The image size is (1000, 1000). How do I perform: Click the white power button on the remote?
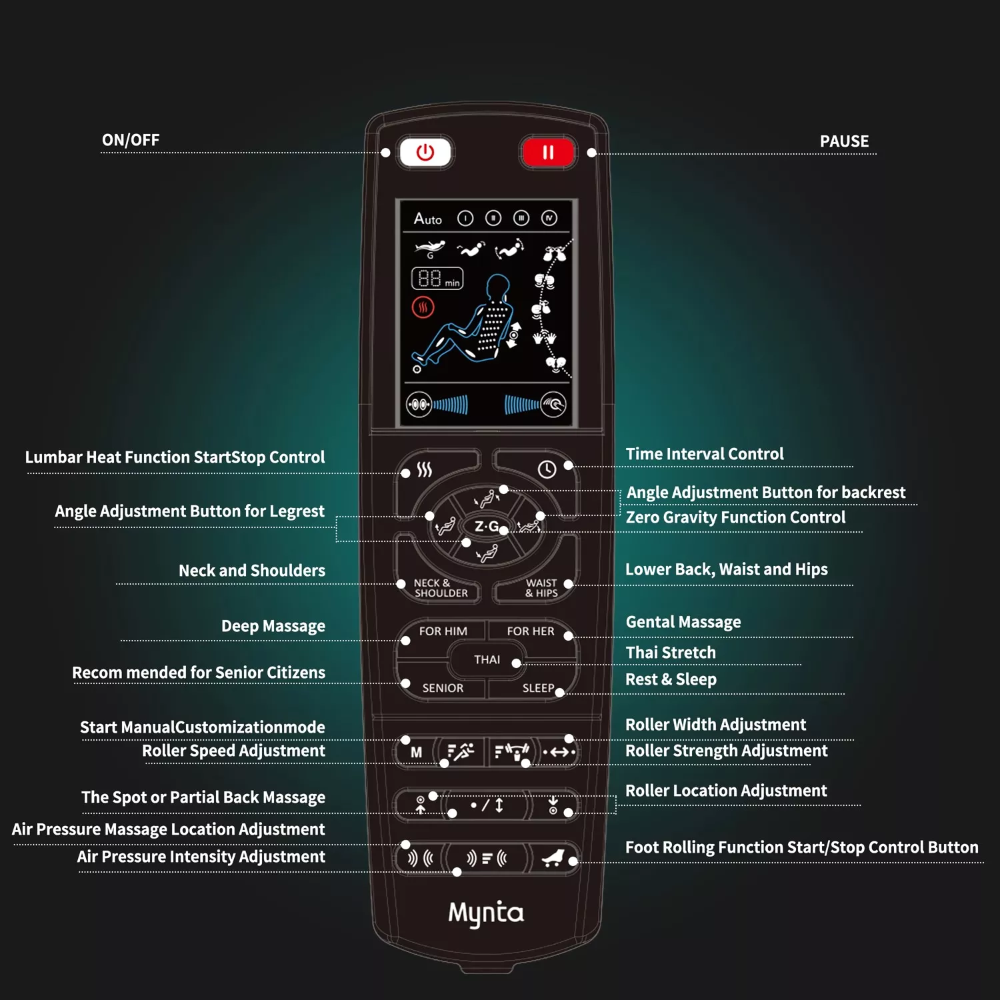pyautogui.click(x=425, y=153)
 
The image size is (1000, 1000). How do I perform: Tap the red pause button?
pyautogui.click(x=548, y=153)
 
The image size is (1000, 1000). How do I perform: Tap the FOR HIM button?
pyautogui.click(x=443, y=631)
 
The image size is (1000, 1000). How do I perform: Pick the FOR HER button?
pyautogui.click(x=531, y=631)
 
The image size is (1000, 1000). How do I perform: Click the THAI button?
pyautogui.click(x=487, y=659)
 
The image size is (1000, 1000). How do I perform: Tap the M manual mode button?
pyautogui.click(x=416, y=752)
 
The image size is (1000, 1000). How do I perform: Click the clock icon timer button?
pyautogui.click(x=547, y=469)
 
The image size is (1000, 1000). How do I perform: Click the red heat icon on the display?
pyautogui.click(x=423, y=307)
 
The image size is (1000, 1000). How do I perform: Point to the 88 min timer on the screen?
pyautogui.click(x=437, y=278)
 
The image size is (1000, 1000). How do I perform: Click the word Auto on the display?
pyautogui.click(x=427, y=219)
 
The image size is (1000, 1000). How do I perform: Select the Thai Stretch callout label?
pyautogui.click(x=671, y=653)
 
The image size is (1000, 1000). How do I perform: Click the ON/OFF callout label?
pyautogui.click(x=131, y=140)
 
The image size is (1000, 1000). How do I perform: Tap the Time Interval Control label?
pyautogui.click(x=705, y=454)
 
